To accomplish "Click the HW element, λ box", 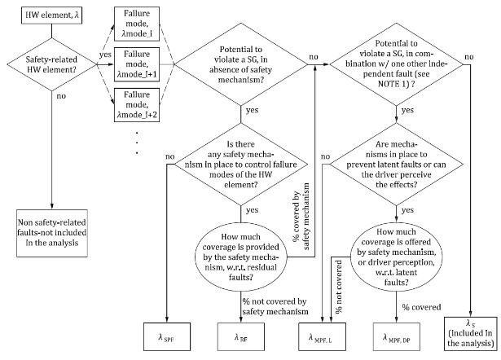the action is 52,15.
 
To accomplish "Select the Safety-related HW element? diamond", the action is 52,64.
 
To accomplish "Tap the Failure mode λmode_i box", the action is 137,24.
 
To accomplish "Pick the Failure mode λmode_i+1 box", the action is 137,64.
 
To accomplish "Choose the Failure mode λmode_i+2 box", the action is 137,105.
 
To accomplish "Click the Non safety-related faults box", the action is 52,233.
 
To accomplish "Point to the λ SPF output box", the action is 167,336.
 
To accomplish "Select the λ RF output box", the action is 241,336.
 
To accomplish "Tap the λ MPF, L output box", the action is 322,336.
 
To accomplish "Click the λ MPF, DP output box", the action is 397,336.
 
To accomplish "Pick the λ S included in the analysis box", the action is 471,334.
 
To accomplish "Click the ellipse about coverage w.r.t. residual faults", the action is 241,257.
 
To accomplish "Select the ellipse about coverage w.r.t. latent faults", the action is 397,257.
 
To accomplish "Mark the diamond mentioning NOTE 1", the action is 396,64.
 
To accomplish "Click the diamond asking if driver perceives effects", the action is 396,165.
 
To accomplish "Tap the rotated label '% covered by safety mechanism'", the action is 301,217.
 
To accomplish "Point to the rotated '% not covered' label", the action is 339,287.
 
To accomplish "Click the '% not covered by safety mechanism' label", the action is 275,306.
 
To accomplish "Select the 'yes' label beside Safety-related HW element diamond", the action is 105,55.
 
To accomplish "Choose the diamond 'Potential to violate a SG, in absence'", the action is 241,64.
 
